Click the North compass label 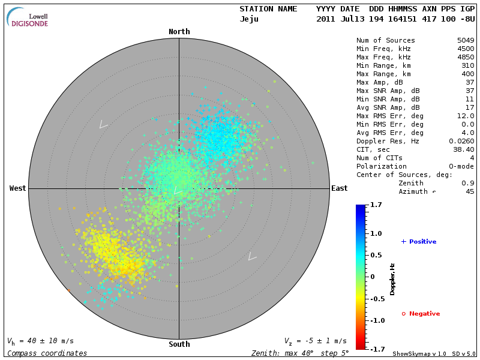pyautogui.click(x=179, y=32)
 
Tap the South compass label pyautogui.click(x=179, y=344)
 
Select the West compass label pyautogui.click(x=17, y=188)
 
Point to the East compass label pyautogui.click(x=339, y=188)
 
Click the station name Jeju pyautogui.click(x=250, y=19)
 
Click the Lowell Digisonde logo pyautogui.click(x=28, y=17)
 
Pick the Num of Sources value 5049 pyautogui.click(x=465, y=41)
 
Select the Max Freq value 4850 pyautogui.click(x=465, y=58)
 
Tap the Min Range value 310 pyautogui.click(x=467, y=66)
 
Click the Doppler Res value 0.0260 pyautogui.click(x=461, y=141)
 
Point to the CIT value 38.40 pyautogui.click(x=463, y=149)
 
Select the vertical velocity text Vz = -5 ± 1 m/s pyautogui.click(x=315, y=341)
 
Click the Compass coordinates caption pyautogui.click(x=47, y=353)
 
